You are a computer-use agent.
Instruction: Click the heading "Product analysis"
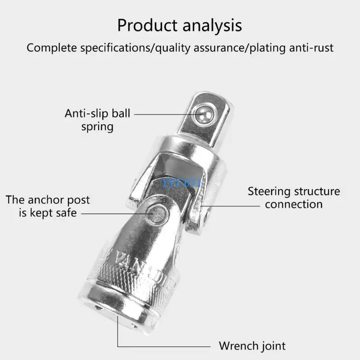pos(180,25)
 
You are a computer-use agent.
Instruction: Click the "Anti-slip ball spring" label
pos(97,120)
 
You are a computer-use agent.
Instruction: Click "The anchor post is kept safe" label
pos(48,206)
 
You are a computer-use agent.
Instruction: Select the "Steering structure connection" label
pos(294,198)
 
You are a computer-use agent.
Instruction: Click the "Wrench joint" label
pos(252,346)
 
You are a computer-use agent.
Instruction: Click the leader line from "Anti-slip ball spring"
pos(164,114)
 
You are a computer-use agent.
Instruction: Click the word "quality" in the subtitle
pos(171,48)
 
